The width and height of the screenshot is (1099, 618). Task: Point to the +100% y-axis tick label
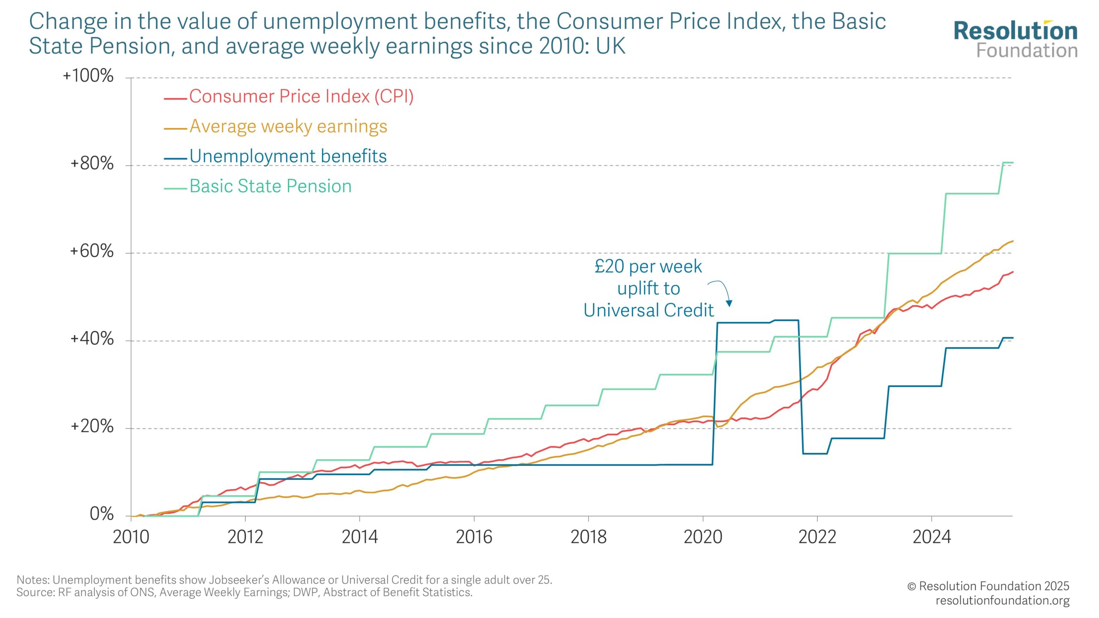point(88,76)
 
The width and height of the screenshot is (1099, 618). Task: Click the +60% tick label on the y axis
point(92,251)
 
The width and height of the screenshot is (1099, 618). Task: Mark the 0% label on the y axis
point(101,514)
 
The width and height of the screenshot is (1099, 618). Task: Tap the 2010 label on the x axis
point(131,537)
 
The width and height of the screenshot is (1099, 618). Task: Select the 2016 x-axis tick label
point(474,537)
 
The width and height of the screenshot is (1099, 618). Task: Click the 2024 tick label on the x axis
point(932,537)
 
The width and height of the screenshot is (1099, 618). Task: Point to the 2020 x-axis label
point(703,537)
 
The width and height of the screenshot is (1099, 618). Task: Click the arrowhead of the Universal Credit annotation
point(729,303)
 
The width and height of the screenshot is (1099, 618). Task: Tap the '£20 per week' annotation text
point(648,267)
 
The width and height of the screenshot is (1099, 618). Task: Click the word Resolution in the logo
point(1015,31)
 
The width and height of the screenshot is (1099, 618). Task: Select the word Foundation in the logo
point(1027,51)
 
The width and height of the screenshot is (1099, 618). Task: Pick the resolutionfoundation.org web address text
point(1002,600)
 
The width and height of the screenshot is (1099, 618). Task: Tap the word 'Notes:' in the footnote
point(33,580)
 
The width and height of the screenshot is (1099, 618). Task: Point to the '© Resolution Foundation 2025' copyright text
point(988,586)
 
